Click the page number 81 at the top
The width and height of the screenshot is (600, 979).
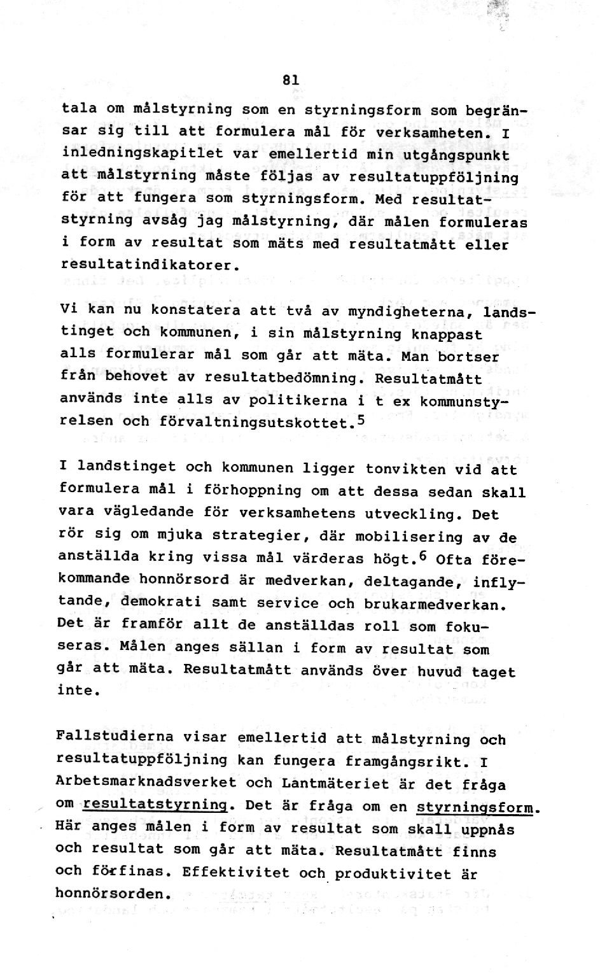(291, 80)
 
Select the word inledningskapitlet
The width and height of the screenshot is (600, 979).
(143, 153)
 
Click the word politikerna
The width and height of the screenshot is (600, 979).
(297, 400)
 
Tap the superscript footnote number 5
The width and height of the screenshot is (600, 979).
(360, 419)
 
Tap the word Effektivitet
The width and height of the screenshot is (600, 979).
(234, 871)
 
